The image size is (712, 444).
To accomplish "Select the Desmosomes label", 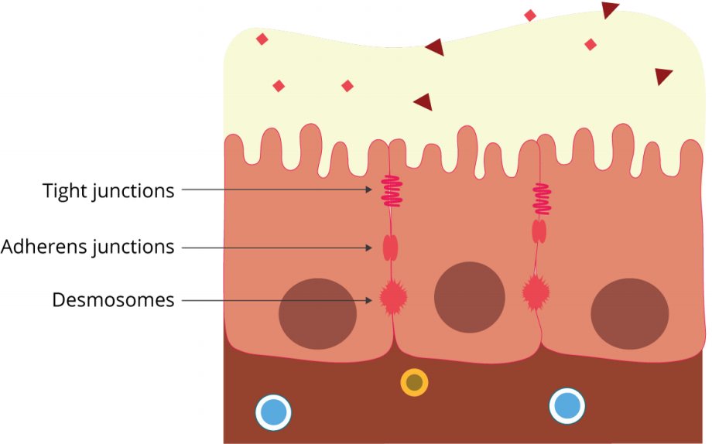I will [113, 300].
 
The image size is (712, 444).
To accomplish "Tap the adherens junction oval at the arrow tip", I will [391, 248].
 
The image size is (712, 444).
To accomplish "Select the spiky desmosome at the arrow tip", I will [393, 296].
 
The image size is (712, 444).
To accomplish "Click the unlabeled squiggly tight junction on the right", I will [543, 199].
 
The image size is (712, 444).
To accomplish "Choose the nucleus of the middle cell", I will [470, 298].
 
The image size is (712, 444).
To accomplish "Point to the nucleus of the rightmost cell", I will [630, 313].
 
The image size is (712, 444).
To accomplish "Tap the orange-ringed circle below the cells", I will [414, 382].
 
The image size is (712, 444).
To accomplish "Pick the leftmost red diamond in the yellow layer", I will [262, 39].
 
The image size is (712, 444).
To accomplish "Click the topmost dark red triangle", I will [610, 9].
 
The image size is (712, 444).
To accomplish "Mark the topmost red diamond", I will [530, 15].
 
